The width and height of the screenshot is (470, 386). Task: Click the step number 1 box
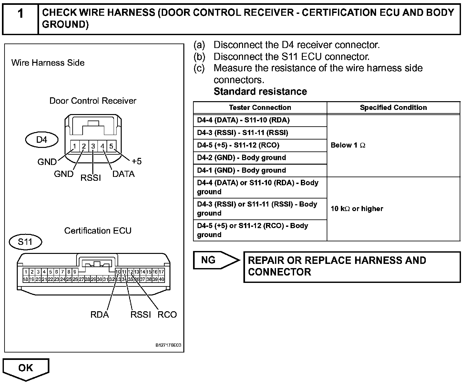(x=20, y=18)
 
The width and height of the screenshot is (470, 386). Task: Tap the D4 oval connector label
(x=42, y=140)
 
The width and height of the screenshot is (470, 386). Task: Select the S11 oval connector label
(x=25, y=242)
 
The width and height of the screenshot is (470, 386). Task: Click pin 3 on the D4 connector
(x=93, y=146)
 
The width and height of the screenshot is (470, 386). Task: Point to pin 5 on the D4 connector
(x=111, y=146)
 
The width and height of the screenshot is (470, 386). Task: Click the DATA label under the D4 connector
(x=123, y=174)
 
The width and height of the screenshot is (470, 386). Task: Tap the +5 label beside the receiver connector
(x=137, y=161)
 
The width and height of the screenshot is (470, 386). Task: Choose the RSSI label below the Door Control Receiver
(x=91, y=178)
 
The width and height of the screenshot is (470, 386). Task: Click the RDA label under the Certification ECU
(x=99, y=315)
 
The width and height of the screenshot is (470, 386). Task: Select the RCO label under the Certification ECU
(x=167, y=315)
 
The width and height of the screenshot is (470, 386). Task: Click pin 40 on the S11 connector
(x=161, y=279)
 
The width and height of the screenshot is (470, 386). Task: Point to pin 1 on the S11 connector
(x=26, y=272)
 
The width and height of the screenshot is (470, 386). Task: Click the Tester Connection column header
(x=260, y=108)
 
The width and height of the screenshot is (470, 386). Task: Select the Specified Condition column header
(x=393, y=108)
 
